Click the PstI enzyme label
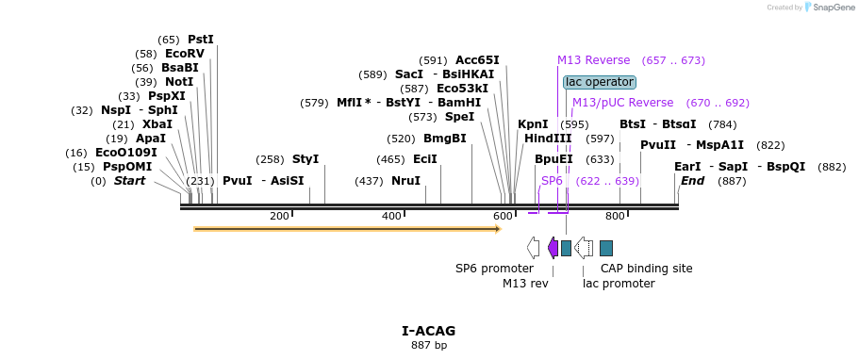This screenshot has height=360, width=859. tap(201, 40)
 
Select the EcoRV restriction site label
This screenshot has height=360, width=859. tap(184, 54)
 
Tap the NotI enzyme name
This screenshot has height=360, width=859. tap(178, 82)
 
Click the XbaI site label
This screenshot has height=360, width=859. tap(157, 124)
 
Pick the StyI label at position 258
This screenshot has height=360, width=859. tap(306, 159)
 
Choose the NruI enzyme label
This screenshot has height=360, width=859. tap(405, 181)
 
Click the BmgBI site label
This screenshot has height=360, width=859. tap(445, 139)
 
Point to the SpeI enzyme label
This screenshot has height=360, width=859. tap(459, 117)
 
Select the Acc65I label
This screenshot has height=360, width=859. tap(477, 60)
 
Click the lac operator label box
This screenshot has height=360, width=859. tap(600, 82)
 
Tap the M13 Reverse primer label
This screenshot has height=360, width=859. tap(593, 60)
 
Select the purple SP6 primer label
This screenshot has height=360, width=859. tap(552, 180)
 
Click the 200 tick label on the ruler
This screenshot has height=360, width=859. tap(279, 217)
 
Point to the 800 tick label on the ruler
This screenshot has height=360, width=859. tap(615, 217)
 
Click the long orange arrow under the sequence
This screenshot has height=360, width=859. tap(346, 228)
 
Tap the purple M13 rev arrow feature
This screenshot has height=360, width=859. tap(553, 248)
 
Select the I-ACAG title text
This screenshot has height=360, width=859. tap(428, 331)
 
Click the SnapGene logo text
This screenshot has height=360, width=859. tap(829, 8)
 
